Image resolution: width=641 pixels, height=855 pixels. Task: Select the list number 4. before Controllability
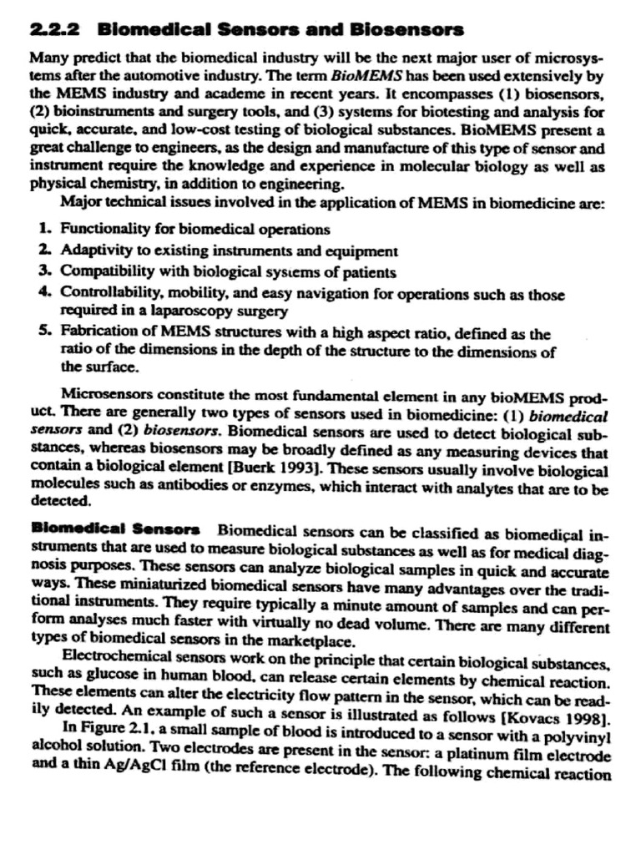(x=44, y=295)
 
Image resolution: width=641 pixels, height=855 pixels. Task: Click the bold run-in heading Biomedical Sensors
(x=115, y=529)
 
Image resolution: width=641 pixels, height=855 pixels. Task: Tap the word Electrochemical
(x=117, y=654)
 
